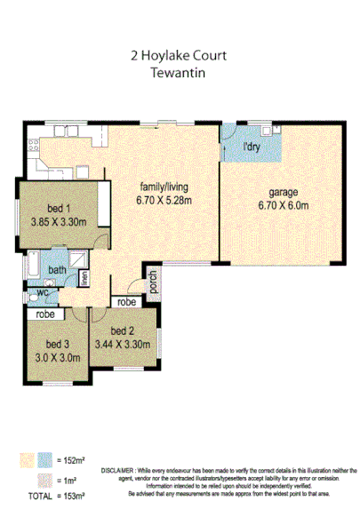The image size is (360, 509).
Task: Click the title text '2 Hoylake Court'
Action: [179, 56]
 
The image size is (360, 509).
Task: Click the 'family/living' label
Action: [164, 188]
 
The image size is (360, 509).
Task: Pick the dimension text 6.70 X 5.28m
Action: [164, 202]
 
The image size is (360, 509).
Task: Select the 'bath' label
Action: [57, 270]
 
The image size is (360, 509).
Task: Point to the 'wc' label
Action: [42, 292]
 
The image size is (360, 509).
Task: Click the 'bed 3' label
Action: [57, 345]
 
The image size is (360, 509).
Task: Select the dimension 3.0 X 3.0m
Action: [57, 358]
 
